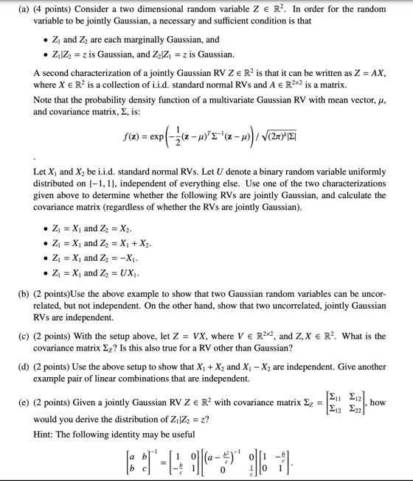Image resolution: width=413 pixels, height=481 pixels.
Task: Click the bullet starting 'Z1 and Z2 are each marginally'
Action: click(130, 39)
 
